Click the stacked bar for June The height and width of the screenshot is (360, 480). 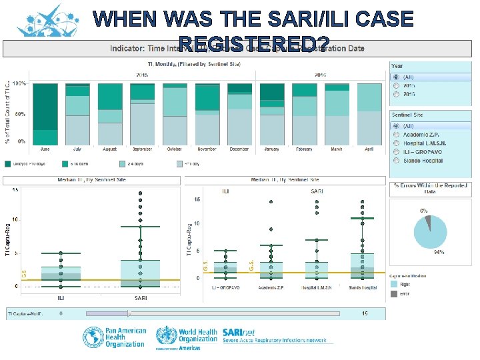(45, 113)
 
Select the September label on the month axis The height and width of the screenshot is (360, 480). (142, 149)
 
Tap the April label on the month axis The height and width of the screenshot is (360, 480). (369, 149)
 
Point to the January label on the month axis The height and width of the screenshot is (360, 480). (271, 149)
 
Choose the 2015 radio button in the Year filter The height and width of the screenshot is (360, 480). (396, 85)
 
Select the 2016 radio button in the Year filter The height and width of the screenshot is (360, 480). (396, 94)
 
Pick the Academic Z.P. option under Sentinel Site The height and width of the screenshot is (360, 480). (396, 135)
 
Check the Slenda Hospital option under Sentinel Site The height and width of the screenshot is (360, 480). (396, 161)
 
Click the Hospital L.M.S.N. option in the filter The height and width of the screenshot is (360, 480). (396, 143)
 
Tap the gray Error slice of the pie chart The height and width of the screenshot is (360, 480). (428, 219)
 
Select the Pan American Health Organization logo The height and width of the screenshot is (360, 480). (113, 337)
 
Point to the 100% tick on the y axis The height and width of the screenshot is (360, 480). (20, 84)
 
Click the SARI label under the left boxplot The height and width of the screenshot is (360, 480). (141, 297)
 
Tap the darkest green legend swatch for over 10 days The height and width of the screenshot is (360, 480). (9, 163)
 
